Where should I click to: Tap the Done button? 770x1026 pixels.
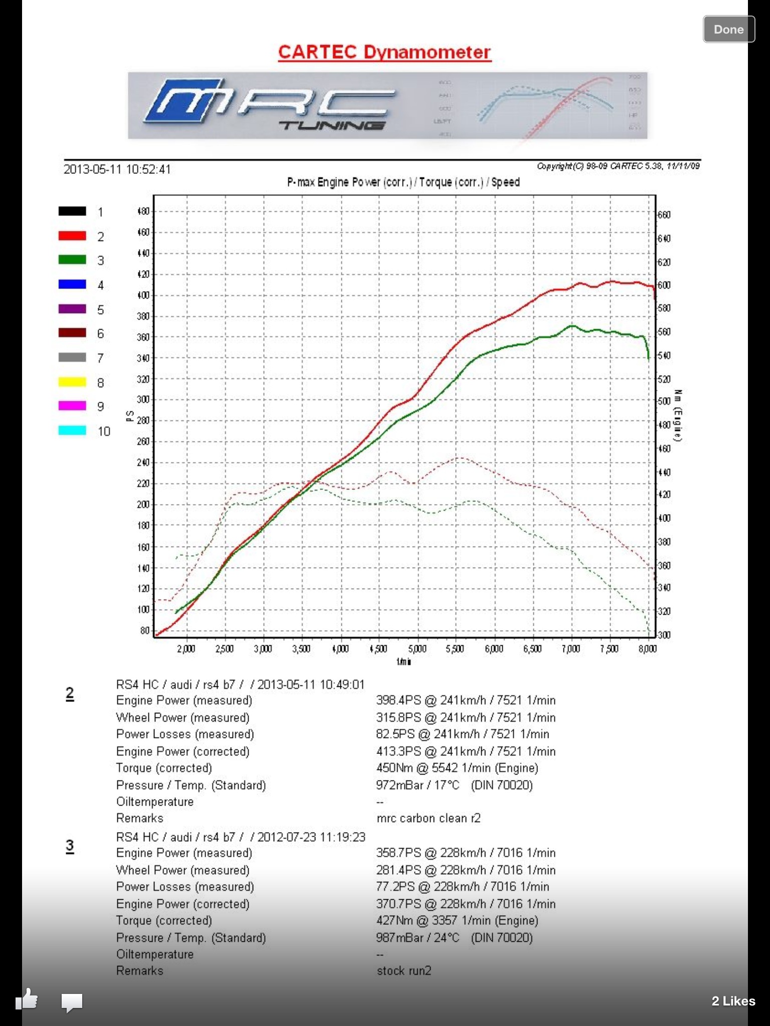(x=728, y=30)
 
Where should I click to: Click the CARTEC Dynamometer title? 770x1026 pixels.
(x=384, y=52)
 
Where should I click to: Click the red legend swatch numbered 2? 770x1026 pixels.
(x=72, y=236)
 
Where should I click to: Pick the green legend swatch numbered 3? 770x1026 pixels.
(x=72, y=260)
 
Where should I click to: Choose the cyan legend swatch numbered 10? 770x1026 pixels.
(x=72, y=431)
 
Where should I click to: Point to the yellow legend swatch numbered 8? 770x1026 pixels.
(x=72, y=382)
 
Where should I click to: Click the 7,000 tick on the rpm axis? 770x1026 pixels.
(x=570, y=649)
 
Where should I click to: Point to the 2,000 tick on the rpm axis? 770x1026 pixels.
(x=186, y=649)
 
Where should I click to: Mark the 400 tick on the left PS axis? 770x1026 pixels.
(x=143, y=295)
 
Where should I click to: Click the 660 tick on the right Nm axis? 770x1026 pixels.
(x=664, y=215)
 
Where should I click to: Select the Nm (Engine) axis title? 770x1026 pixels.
(x=677, y=415)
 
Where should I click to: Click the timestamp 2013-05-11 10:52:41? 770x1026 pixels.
(x=117, y=169)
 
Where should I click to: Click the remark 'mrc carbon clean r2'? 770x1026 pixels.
(x=429, y=818)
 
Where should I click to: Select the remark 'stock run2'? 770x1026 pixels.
(x=404, y=971)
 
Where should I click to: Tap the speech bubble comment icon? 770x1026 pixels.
(x=72, y=1002)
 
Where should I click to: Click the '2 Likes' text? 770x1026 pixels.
(x=733, y=1001)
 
